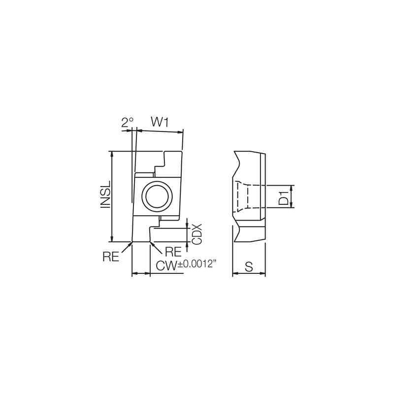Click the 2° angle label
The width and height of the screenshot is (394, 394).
(x=128, y=122)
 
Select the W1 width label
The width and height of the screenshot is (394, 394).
(x=160, y=122)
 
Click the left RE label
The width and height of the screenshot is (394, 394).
(x=111, y=256)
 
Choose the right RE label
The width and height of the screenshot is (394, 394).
(x=173, y=252)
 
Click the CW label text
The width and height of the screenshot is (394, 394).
(x=166, y=266)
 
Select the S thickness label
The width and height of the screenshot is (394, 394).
(x=249, y=267)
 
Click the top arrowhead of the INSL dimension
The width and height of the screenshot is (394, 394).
(x=113, y=154)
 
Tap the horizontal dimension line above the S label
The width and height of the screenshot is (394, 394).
(x=249, y=273)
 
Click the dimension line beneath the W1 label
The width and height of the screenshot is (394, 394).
(x=160, y=131)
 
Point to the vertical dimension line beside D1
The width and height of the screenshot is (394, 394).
(x=292, y=197)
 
